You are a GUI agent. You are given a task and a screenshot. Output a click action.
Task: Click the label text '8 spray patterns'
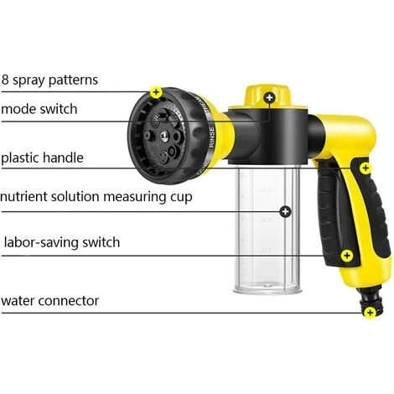(49, 80)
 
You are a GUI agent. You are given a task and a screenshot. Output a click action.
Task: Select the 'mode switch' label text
(39, 109)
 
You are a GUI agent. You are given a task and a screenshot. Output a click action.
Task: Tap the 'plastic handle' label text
(42, 158)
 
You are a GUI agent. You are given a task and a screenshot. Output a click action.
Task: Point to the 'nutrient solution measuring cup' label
(96, 197)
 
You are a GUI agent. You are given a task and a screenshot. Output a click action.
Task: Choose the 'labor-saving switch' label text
(62, 242)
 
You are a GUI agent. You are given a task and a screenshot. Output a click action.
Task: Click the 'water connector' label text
(50, 301)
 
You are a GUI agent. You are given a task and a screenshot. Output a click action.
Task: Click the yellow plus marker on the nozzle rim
(156, 92)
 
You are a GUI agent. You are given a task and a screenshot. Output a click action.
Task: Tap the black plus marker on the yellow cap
(269, 97)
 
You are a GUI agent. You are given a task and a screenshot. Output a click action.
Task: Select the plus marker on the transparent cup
(285, 211)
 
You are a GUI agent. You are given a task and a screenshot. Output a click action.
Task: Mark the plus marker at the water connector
(371, 312)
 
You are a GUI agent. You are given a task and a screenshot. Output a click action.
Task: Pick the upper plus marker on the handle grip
(365, 168)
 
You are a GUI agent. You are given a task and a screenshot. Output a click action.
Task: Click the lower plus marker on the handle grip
(347, 256)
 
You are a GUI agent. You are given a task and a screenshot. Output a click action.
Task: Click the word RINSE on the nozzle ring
(212, 137)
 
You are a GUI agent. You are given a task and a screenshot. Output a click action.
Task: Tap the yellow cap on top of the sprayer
(268, 97)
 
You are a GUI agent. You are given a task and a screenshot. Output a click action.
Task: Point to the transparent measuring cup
(267, 229)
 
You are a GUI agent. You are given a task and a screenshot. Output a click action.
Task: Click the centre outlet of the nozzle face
(164, 136)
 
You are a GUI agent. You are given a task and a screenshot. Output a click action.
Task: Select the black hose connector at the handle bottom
(371, 301)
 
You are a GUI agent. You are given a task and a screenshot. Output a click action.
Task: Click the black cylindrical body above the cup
(268, 137)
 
